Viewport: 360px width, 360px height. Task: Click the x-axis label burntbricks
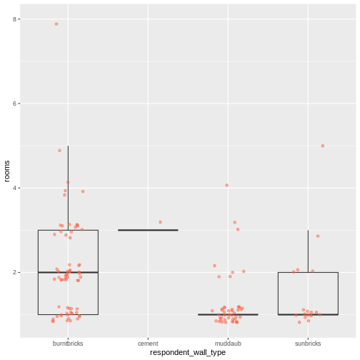click(68, 344)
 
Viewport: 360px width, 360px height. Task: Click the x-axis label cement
click(148, 344)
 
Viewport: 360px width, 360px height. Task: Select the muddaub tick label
click(228, 344)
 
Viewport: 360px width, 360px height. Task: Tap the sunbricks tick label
click(308, 344)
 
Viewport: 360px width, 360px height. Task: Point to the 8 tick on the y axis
click(16, 19)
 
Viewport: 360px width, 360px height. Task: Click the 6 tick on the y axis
click(16, 104)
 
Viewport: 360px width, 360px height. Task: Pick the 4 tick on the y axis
click(16, 188)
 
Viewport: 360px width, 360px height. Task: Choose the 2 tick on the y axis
click(16, 272)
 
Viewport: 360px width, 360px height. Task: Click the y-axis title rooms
click(7, 171)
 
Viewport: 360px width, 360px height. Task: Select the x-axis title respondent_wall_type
click(188, 353)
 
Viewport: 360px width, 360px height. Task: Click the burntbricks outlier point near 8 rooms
click(56, 24)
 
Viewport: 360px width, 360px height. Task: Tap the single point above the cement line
click(160, 222)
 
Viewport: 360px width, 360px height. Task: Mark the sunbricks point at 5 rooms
click(323, 146)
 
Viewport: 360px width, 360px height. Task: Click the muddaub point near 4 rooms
click(227, 185)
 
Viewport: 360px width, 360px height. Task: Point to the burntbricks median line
click(68, 272)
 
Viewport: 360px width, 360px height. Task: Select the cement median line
click(148, 230)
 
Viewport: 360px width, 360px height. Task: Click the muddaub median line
click(228, 314)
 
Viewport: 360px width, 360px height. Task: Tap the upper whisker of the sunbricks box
click(308, 250)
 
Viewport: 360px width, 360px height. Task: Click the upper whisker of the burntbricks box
click(68, 186)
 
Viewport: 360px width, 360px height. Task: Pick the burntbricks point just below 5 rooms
click(59, 150)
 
